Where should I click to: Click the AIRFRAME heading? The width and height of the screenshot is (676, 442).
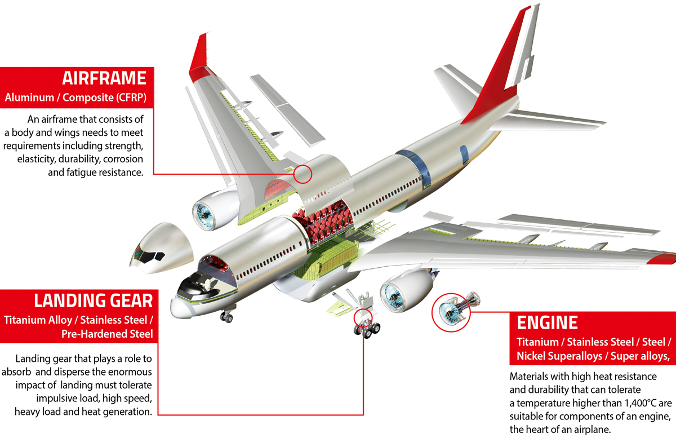tap(104, 78)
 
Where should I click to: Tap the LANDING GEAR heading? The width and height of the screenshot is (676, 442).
tap(94, 300)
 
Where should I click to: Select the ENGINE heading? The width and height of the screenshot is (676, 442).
tap(547, 322)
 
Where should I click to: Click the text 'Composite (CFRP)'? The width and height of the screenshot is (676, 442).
tap(104, 98)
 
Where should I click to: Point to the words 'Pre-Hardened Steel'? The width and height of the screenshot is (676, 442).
tap(107, 334)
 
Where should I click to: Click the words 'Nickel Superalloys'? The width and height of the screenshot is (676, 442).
tap(559, 356)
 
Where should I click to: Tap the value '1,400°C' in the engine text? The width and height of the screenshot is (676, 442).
tap(641, 403)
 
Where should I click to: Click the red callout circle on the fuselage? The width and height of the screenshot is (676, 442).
tap(303, 174)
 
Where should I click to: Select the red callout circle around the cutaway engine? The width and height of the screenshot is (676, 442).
tap(451, 312)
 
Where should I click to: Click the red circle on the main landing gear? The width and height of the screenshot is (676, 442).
tap(363, 318)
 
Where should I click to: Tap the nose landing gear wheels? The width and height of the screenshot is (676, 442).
tap(226, 317)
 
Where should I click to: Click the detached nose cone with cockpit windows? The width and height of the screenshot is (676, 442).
tap(162, 247)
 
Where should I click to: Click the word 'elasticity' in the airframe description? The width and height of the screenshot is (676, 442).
tap(37, 159)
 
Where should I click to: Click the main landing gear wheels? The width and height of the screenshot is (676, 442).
tap(367, 330)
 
